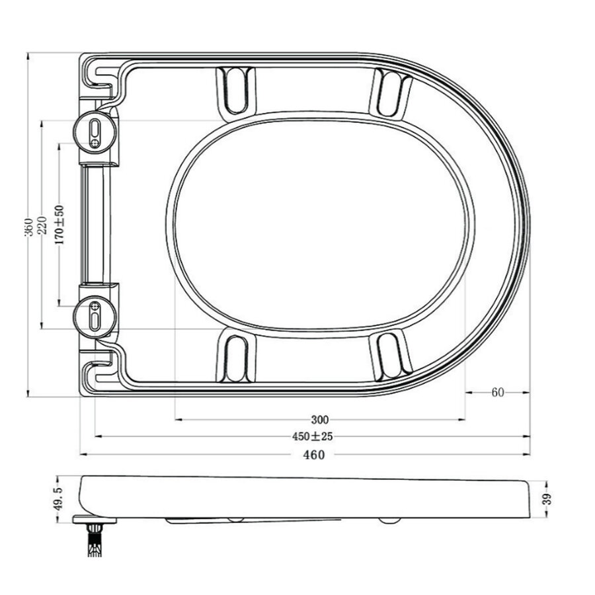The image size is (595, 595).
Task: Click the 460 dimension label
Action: tap(314, 455)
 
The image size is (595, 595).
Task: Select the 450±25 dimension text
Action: tap(312, 436)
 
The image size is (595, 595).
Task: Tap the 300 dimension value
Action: tap(320, 419)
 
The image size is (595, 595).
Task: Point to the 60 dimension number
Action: tap(498, 392)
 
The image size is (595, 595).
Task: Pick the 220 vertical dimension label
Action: tap(43, 227)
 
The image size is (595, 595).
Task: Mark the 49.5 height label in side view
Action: tap(58, 498)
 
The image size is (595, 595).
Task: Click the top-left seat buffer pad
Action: tap(235, 90)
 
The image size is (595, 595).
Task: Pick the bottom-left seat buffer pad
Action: tap(235, 358)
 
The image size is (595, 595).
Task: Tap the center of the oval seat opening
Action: tap(320, 224)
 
